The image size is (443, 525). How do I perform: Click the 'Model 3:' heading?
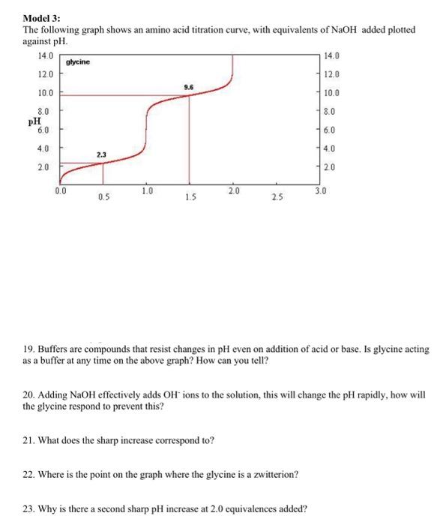[41, 17]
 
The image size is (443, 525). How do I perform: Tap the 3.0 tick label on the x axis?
[321, 191]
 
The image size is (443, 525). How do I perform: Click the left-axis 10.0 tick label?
[44, 93]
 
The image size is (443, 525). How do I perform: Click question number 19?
[28, 349]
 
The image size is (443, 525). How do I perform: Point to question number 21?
[28, 439]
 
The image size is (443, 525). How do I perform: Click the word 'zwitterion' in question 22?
[275, 475]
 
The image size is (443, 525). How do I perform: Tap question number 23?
[28, 508]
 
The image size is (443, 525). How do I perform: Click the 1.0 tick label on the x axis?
[147, 191]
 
